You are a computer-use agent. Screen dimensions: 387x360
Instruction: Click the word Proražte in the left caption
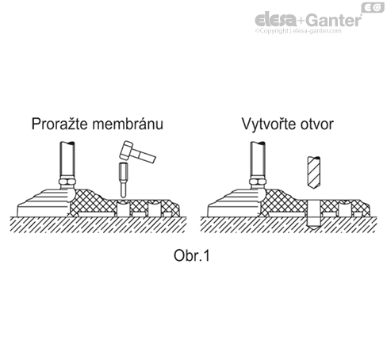pos(59,124)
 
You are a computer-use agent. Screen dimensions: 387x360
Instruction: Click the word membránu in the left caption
pos(128,124)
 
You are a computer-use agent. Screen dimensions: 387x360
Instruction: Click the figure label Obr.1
pos(192,255)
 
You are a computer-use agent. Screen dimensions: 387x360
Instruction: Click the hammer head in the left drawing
pos(126,151)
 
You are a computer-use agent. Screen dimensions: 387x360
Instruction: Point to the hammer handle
pos(144,155)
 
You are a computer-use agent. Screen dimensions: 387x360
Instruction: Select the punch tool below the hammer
pos(123,180)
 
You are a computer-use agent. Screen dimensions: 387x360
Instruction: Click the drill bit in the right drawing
pos(314,172)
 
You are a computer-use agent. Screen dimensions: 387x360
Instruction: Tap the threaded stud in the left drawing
pos(67,160)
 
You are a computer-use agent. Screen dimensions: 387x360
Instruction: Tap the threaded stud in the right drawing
pos(258,160)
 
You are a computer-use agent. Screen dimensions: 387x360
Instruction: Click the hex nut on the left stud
pos(67,182)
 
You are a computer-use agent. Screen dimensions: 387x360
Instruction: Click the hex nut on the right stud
pos(258,182)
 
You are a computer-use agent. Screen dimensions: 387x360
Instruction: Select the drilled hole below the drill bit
pos(314,215)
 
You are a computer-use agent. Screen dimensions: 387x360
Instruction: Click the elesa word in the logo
pos(275,19)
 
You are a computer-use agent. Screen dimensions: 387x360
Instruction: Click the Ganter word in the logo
pos(334,20)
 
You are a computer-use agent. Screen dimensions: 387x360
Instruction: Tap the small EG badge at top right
pos(373,8)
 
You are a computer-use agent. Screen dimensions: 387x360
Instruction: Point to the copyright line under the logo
pos(298,31)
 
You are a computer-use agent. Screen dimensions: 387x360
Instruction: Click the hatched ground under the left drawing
pos(98,224)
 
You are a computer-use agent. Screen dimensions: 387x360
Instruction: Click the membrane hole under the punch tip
pos(123,209)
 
